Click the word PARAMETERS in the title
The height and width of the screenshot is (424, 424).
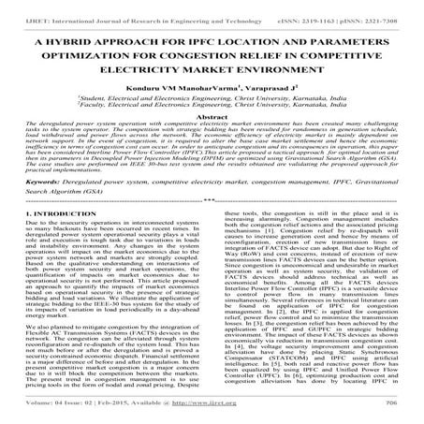point(344,43)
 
